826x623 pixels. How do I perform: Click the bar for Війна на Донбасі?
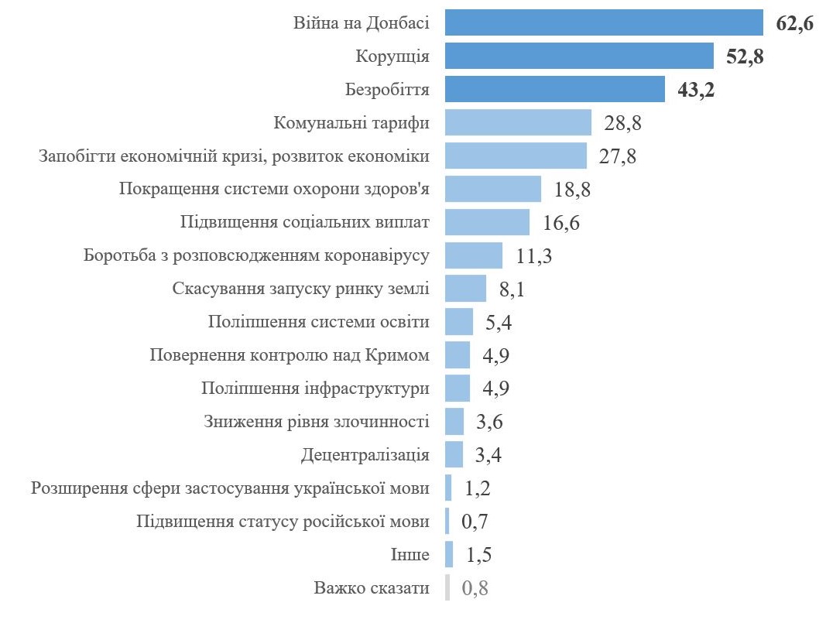click(x=605, y=22)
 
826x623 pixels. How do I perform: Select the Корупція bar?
click(x=579, y=56)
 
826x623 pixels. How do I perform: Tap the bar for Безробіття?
click(x=555, y=89)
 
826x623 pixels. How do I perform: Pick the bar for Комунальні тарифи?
click(x=518, y=122)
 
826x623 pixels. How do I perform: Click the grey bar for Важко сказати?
click(x=447, y=588)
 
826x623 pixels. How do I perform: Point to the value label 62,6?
click(x=794, y=23)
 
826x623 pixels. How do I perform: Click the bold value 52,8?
click(x=745, y=56)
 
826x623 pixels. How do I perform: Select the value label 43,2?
click(x=695, y=90)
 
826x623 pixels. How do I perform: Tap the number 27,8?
click(x=617, y=156)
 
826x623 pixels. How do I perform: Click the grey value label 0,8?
click(x=475, y=589)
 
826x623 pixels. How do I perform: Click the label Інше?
click(x=410, y=555)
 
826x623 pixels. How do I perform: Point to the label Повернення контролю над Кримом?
click(x=289, y=355)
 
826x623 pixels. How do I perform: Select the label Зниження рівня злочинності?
click(x=317, y=422)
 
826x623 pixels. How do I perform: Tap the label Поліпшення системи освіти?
click(x=318, y=322)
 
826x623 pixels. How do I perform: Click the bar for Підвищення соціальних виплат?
click(x=487, y=222)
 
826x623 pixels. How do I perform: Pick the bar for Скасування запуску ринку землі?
click(x=465, y=289)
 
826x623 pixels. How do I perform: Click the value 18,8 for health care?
click(x=572, y=190)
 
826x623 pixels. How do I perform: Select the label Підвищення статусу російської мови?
click(x=283, y=522)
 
